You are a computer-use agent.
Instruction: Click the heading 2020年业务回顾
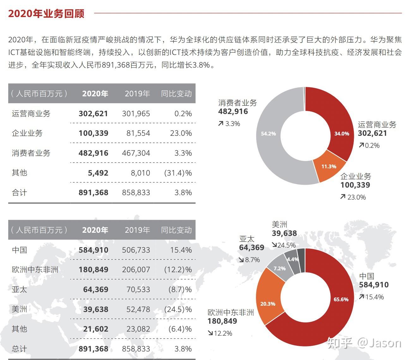tap(46, 14)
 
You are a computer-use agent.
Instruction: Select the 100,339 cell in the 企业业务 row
tap(93, 133)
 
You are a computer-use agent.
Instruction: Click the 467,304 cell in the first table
tap(136, 153)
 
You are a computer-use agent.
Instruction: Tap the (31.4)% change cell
tap(178, 173)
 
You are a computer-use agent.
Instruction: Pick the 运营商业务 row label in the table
tap(31, 114)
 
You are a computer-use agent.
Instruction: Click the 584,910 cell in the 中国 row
tap(93, 250)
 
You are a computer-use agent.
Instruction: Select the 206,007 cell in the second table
tap(136, 270)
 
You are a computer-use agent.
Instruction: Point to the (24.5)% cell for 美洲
tap(178, 309)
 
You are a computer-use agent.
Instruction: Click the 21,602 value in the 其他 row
tap(96, 329)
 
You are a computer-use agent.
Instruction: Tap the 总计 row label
tap(19, 349)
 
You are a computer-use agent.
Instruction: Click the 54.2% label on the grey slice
tap(268, 134)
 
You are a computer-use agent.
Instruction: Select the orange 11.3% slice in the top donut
tap(329, 166)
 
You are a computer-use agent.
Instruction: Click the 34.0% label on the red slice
tap(342, 134)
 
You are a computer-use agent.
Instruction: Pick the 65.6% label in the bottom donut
tap(341, 299)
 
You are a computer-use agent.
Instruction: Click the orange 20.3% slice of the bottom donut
tap(268, 304)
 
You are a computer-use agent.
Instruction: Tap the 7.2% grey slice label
tap(279, 268)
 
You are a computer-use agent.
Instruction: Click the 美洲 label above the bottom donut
tap(279, 225)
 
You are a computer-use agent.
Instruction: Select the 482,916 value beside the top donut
tap(233, 111)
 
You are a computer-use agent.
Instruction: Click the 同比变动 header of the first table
tap(176, 94)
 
